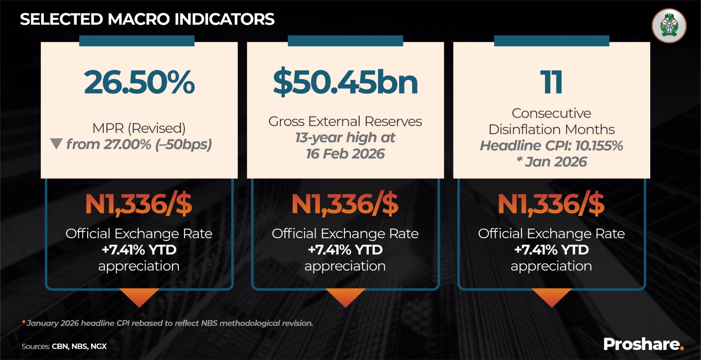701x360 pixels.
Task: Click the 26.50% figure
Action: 139,82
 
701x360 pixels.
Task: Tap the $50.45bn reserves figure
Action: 345,82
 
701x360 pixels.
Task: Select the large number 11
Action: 551,82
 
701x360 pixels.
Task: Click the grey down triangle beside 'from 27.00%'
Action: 56,144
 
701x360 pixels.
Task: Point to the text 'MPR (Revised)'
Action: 139,128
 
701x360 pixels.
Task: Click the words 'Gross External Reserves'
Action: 345,121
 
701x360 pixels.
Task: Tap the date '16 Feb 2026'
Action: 345,154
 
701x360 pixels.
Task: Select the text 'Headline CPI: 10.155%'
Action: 551,145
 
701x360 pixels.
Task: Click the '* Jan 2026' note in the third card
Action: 551,162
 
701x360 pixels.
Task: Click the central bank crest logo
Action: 669,26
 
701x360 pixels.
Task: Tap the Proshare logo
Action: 643,344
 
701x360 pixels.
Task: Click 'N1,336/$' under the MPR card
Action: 139,204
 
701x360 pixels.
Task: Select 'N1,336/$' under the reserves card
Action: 345,204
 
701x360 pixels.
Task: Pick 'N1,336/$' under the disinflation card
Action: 551,204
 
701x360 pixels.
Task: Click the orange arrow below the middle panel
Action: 345,297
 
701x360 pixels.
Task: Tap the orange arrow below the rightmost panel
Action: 551,297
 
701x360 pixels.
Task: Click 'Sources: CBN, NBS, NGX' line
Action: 64,346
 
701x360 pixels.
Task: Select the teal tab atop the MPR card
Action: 137,41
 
